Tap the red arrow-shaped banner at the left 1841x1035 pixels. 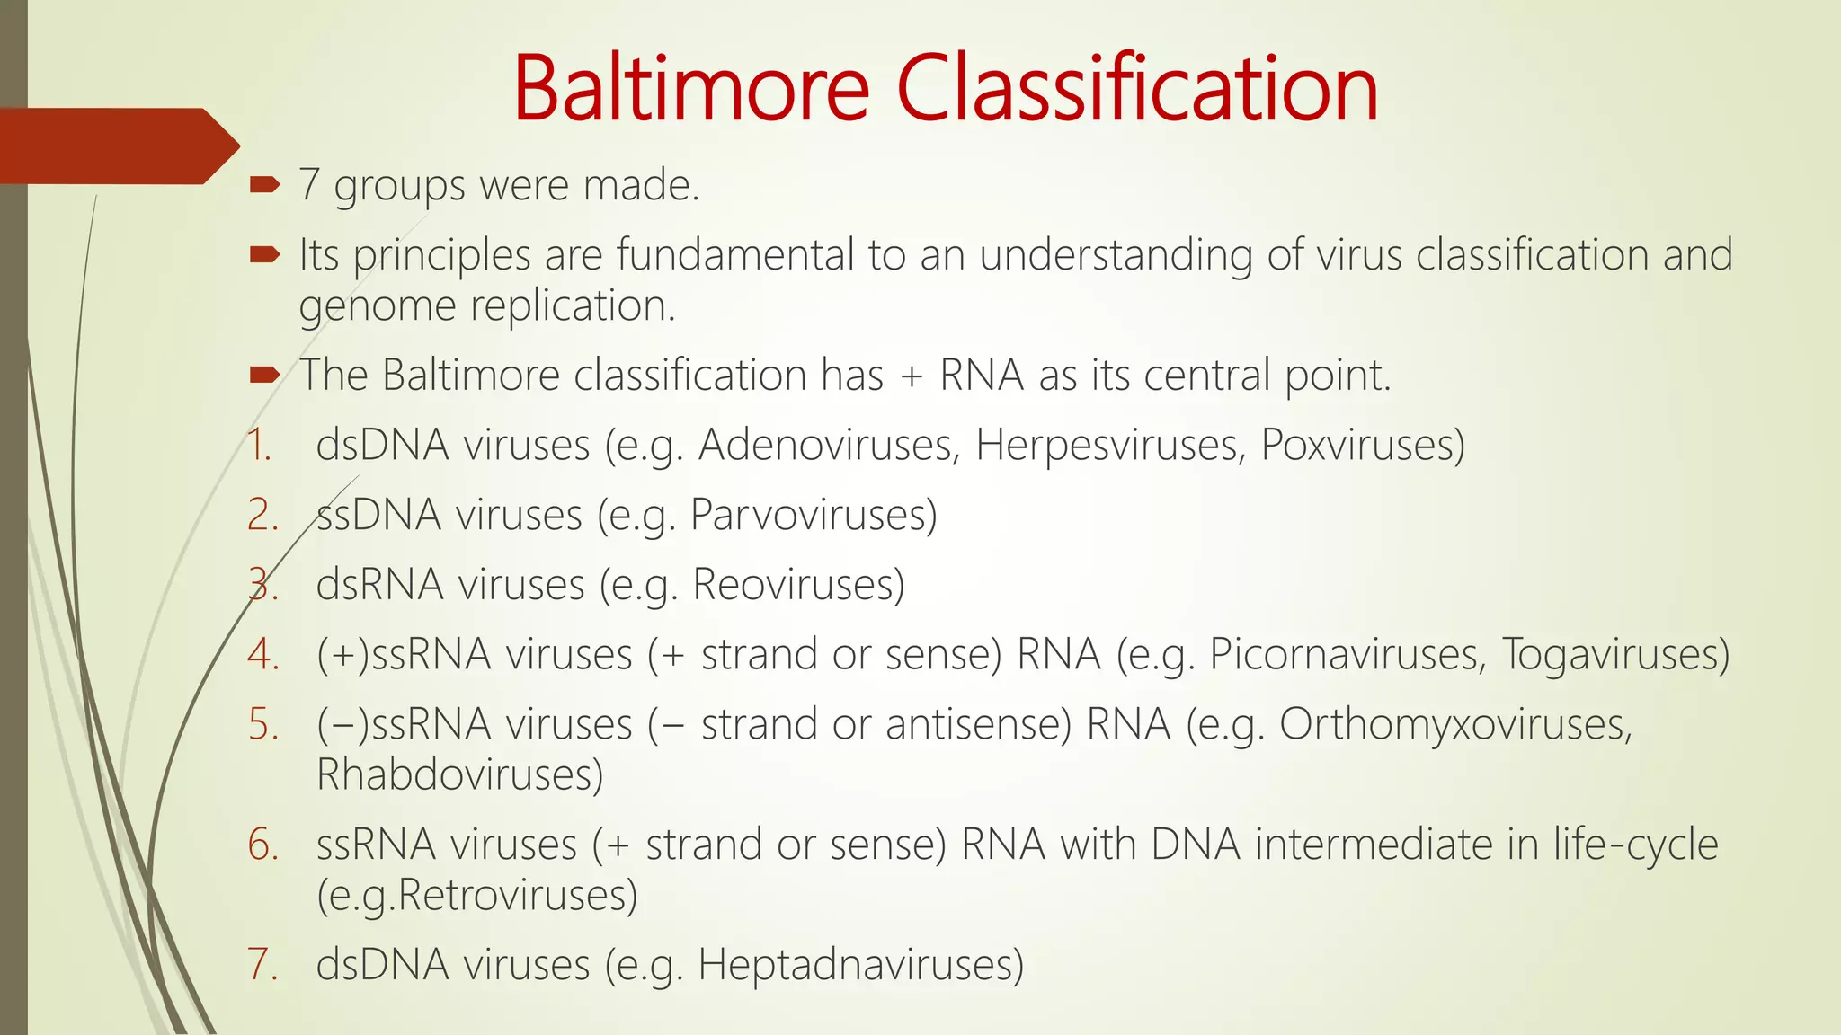click(x=117, y=146)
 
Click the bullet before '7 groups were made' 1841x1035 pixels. click(x=264, y=185)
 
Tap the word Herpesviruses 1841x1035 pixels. click(x=1110, y=445)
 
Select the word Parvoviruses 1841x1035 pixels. click(x=814, y=515)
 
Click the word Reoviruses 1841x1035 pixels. click(x=798, y=585)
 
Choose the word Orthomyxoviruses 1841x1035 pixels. click(x=1454, y=724)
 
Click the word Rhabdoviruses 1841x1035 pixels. click(x=459, y=774)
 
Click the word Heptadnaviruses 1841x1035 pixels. click(x=860, y=965)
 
